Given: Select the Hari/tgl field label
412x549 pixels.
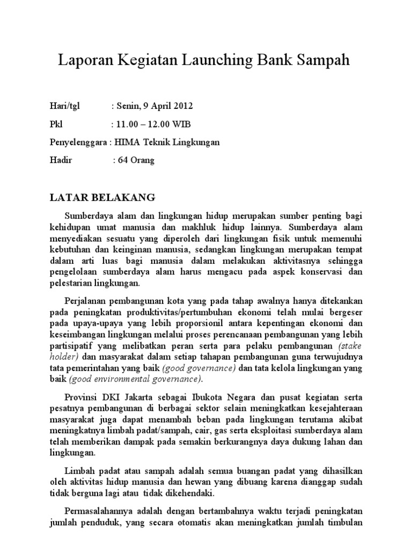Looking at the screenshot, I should click(x=63, y=105).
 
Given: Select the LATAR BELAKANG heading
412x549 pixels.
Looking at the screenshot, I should click(x=102, y=197).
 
